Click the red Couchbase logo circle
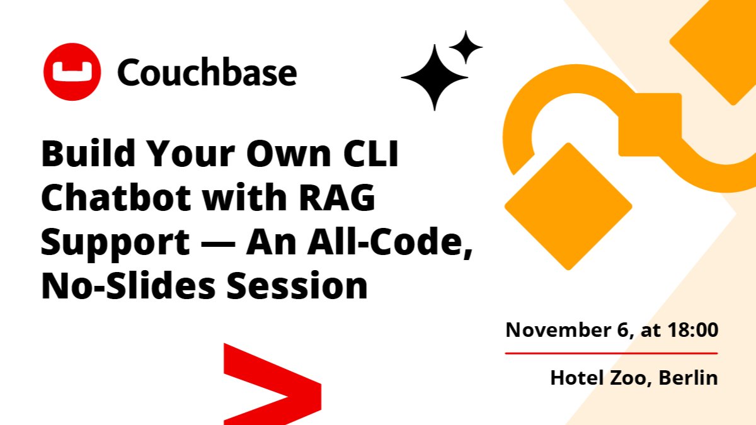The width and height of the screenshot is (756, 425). tap(72, 72)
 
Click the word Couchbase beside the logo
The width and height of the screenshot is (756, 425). tap(207, 72)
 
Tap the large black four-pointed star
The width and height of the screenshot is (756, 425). tap(435, 77)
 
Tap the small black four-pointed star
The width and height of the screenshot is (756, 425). tap(466, 47)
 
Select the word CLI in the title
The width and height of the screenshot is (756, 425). tap(371, 154)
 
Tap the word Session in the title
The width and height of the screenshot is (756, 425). tap(297, 285)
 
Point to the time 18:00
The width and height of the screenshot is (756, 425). tap(693, 329)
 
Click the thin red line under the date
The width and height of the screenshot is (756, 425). tap(611, 353)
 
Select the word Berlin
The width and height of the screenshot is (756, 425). tap(688, 377)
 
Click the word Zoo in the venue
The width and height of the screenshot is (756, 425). tap(631, 377)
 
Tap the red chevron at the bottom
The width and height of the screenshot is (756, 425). tap(272, 384)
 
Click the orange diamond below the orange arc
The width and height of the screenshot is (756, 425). tap(568, 207)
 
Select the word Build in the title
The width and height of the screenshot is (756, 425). tap(88, 154)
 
